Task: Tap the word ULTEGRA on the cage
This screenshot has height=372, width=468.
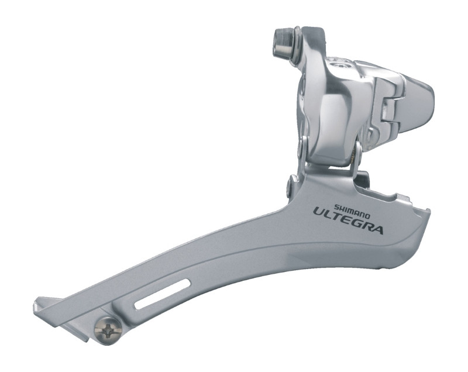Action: (x=347, y=222)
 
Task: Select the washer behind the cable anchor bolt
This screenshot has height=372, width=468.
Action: (x=298, y=45)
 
